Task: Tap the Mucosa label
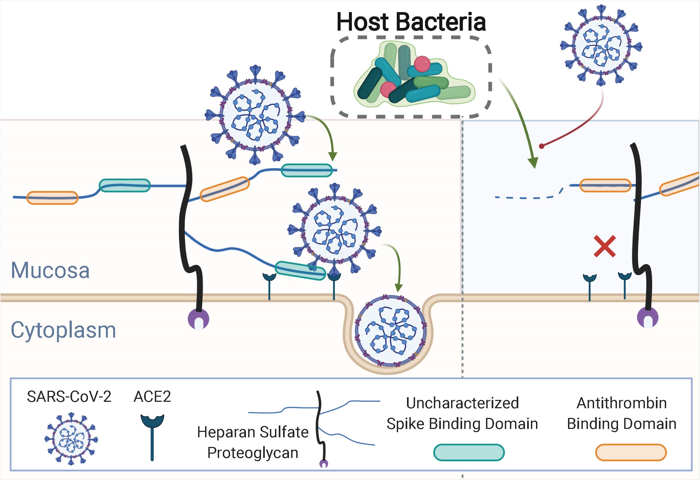coord(50,270)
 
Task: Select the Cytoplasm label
coord(63,330)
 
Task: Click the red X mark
coord(605,246)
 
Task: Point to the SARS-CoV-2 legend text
coord(69,397)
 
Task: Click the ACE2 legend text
coord(152,397)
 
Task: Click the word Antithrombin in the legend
coord(622,403)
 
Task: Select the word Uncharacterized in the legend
coord(462,403)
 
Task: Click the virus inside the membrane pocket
coord(391,331)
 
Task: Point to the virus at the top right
coord(601,46)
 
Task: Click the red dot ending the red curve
coord(542,146)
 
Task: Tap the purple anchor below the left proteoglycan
coord(198,319)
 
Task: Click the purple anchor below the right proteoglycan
coord(648,318)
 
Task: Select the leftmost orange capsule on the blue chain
coord(52,198)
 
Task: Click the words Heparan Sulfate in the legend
coord(253,432)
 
